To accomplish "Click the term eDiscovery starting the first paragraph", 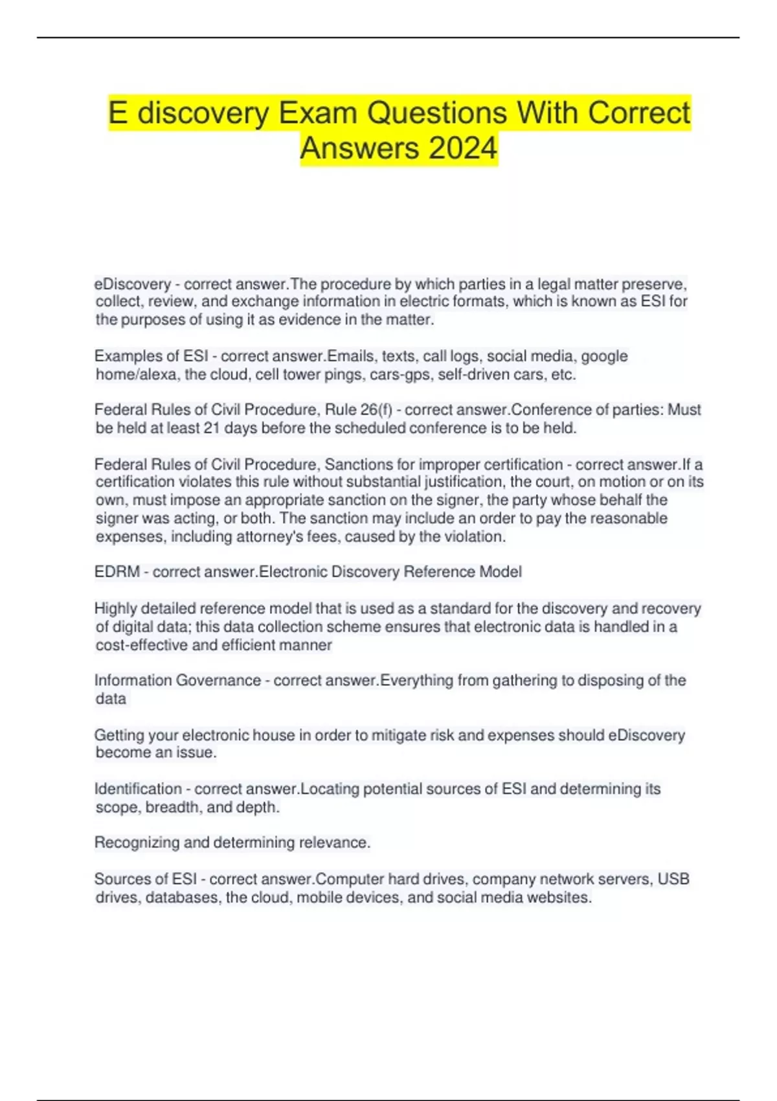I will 133,284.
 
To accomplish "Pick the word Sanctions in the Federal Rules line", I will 359,464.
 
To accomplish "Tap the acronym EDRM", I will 117,572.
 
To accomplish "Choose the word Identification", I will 138,789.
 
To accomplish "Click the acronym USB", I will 673,880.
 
